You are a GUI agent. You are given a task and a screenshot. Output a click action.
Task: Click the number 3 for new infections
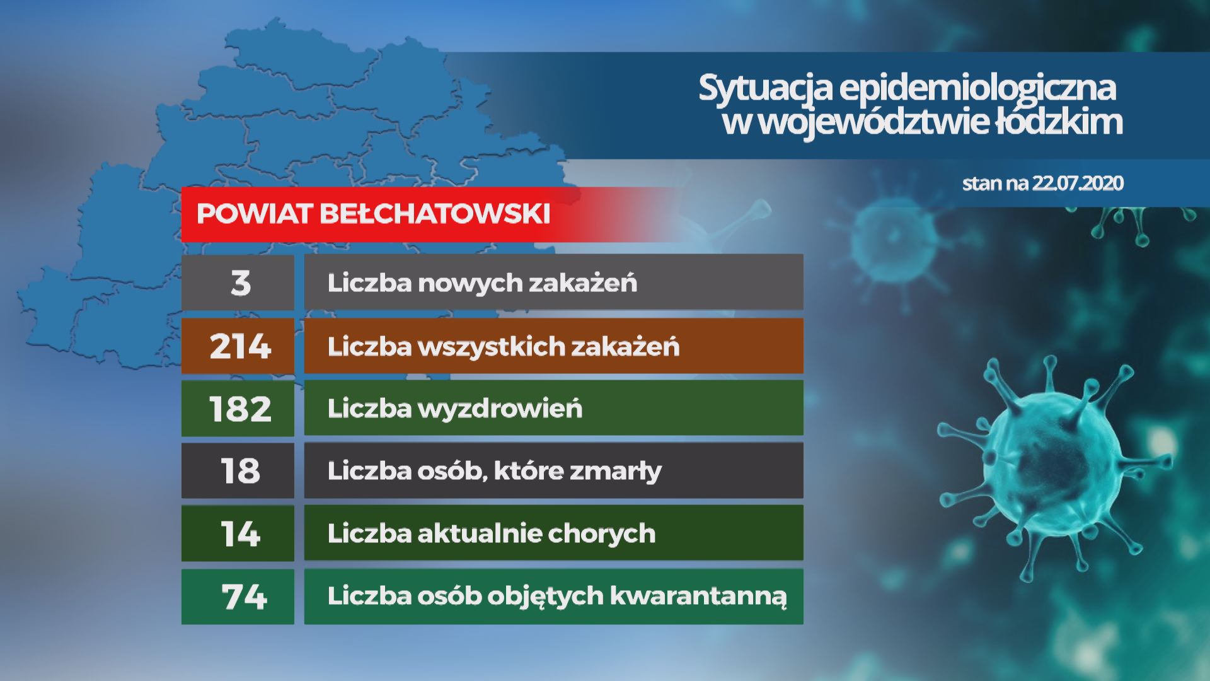[x=241, y=282]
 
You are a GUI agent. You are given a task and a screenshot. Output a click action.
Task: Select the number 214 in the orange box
[x=240, y=346]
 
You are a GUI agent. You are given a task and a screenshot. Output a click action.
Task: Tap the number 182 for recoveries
[x=240, y=409]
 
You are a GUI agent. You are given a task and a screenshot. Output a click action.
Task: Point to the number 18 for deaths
[x=240, y=471]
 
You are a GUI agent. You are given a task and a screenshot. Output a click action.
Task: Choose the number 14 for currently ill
[x=240, y=533]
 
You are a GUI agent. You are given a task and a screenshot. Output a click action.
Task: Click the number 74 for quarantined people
[x=244, y=596]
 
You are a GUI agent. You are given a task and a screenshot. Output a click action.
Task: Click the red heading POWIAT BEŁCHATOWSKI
[x=373, y=214]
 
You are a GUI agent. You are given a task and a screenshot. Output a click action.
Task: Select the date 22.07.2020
[x=1077, y=183]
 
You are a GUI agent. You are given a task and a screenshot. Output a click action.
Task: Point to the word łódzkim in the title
[x=1059, y=121]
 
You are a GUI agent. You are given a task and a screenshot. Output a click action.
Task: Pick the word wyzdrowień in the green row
[x=500, y=409]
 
